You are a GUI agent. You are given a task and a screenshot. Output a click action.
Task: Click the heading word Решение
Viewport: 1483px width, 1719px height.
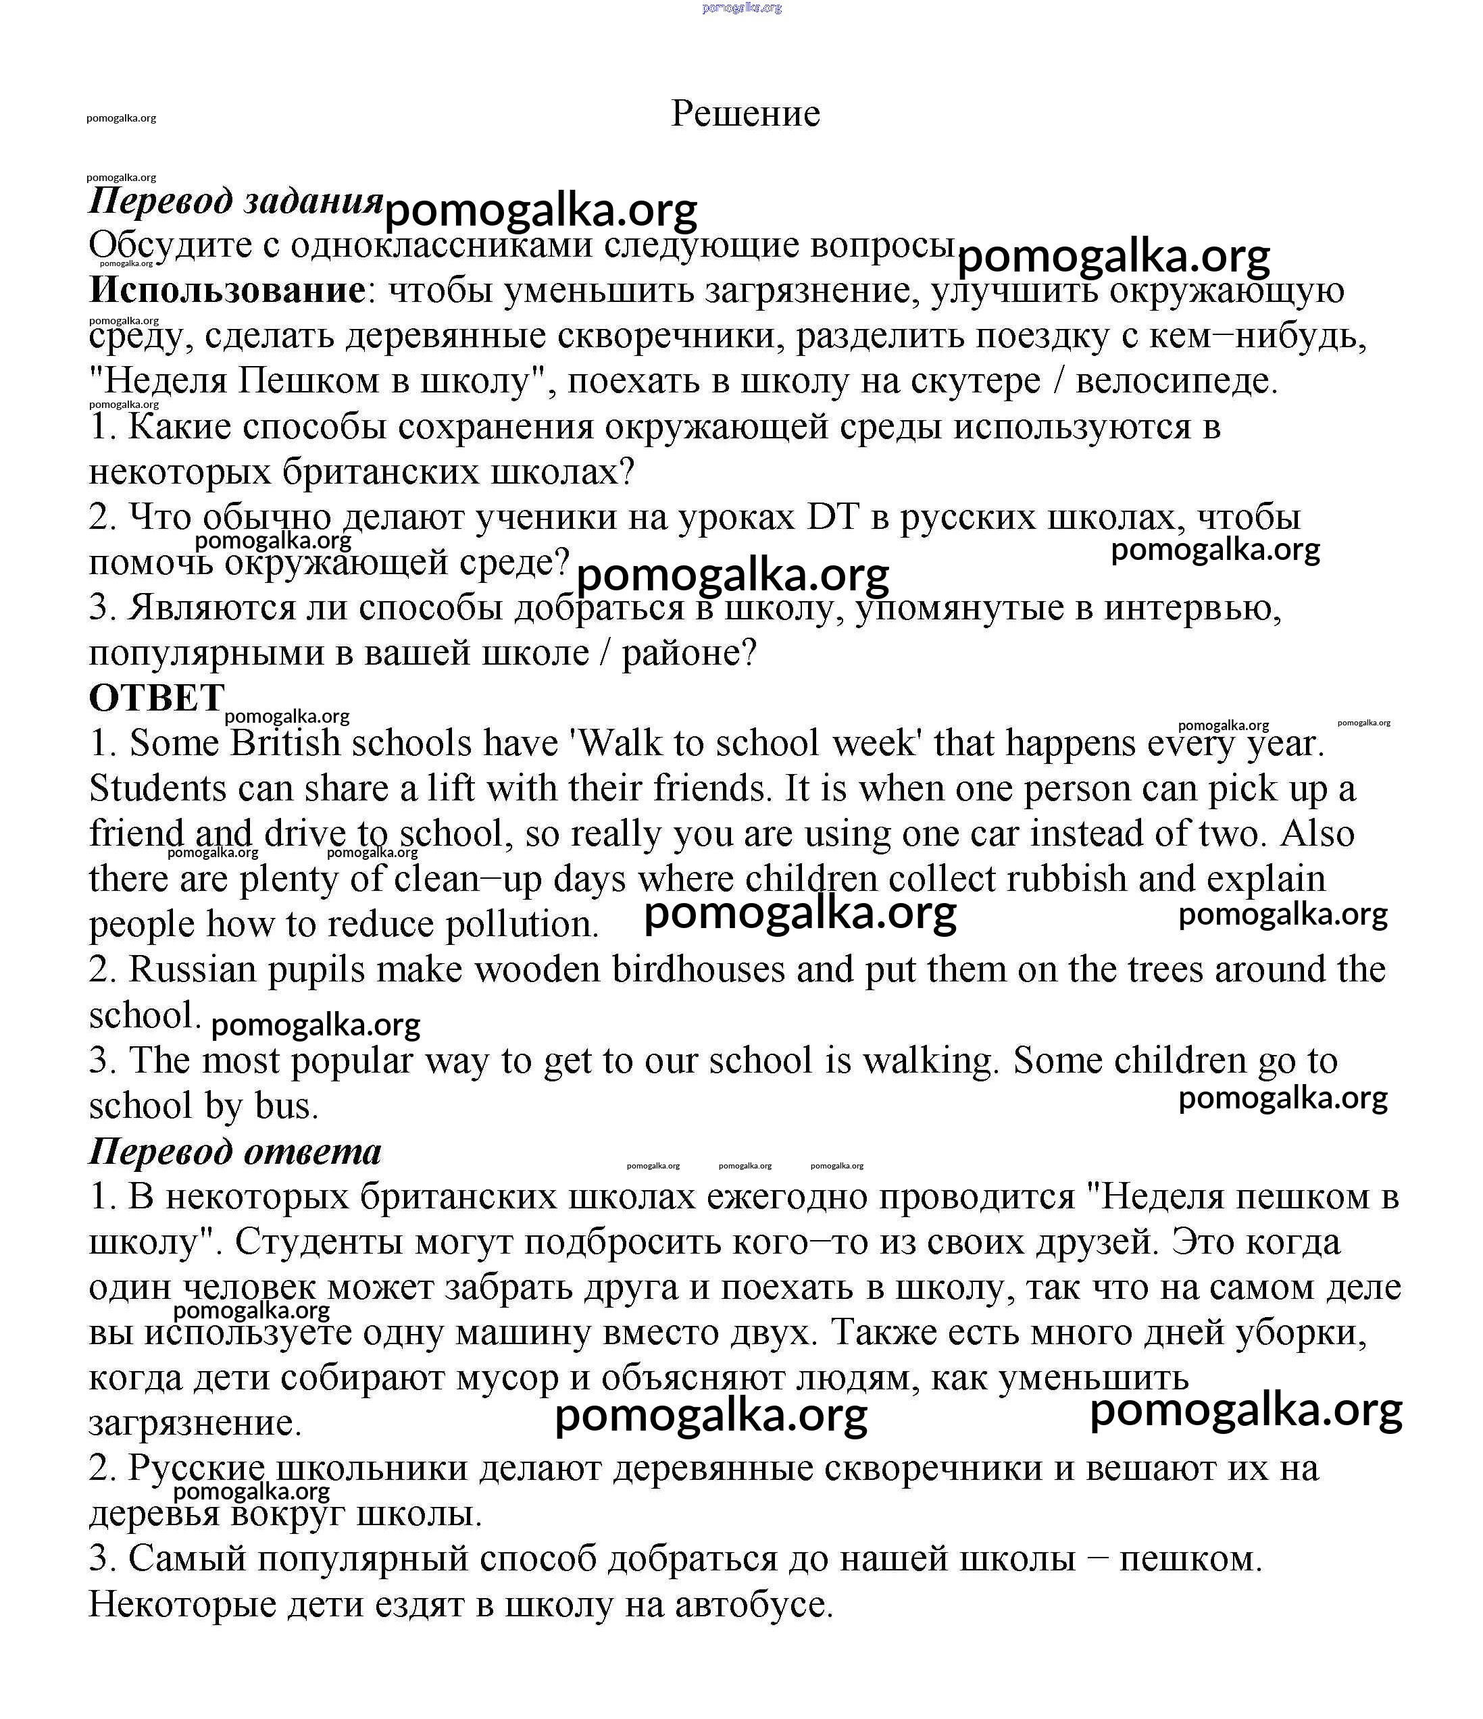click(745, 113)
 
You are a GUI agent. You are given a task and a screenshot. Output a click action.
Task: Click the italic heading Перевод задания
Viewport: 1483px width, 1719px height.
click(236, 201)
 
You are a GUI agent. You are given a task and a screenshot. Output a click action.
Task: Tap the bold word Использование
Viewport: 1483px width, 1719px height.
click(226, 290)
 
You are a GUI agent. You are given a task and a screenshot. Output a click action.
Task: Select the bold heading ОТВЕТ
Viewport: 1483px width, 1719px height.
click(157, 698)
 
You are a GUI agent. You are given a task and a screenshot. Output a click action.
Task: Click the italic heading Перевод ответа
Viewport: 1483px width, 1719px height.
click(235, 1152)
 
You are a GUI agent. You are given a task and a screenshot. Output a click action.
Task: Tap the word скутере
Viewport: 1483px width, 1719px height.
click(975, 382)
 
